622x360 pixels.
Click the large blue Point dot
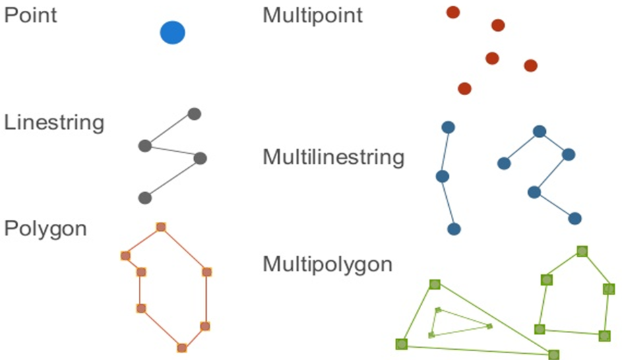pos(173,32)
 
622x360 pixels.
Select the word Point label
pos(31,16)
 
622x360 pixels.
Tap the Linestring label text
pos(54,123)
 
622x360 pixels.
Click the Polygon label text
pos(46,229)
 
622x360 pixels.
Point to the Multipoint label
pos(313,16)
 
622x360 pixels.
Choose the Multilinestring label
pos(334,158)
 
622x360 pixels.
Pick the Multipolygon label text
pos(328,264)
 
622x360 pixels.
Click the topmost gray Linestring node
pos(194,113)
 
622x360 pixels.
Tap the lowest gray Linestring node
pos(144,198)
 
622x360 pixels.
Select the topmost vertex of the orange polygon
pos(161,227)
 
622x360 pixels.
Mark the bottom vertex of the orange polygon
pos(181,348)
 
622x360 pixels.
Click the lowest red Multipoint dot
pos(464,88)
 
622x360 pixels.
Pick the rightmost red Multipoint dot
pos(530,65)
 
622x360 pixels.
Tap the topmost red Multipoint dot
pos(453,12)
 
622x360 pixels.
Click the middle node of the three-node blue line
pos(442,176)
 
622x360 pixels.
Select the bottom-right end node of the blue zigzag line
pos(575,218)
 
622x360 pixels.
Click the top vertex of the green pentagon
pos(582,251)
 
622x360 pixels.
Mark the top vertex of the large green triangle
pos(435,284)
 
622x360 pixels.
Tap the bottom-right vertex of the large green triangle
pos(554,355)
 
